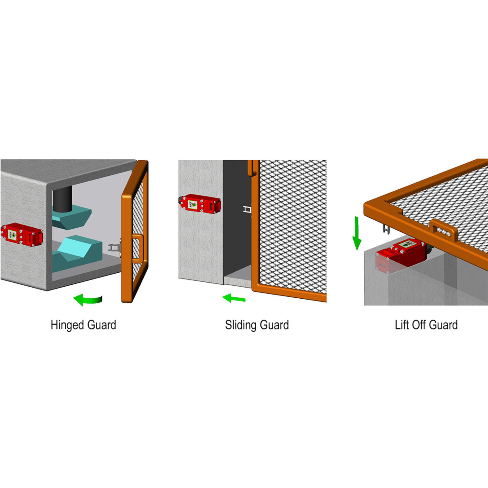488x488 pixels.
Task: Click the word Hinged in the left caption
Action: tap(67, 325)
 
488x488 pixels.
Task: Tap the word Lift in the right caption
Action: tap(402, 325)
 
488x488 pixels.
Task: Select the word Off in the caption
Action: tap(418, 325)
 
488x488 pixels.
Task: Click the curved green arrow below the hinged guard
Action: tap(88, 300)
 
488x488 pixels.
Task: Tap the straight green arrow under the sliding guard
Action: tap(234, 298)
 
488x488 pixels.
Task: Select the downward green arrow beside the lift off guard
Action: tap(357, 233)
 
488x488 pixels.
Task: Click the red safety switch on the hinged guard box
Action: tap(22, 234)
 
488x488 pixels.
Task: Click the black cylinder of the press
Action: tap(62, 199)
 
